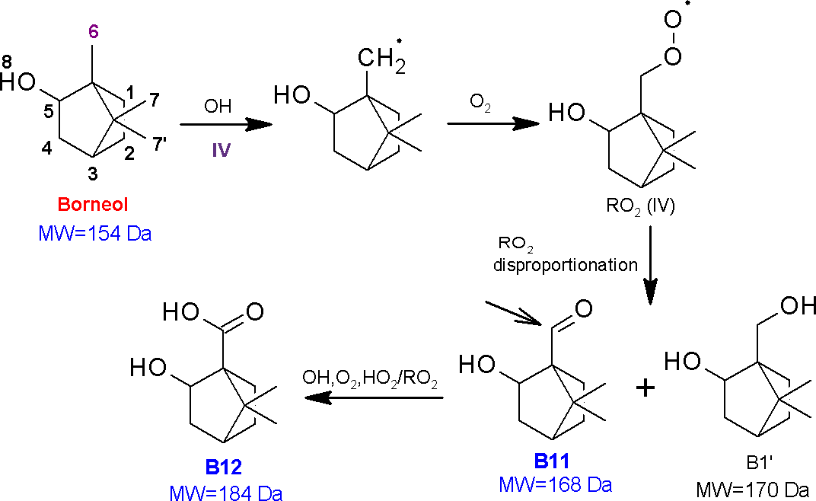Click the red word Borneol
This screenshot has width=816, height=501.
pyautogui.click(x=93, y=204)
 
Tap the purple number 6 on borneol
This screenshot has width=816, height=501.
pyautogui.click(x=93, y=32)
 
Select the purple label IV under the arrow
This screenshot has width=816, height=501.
pyautogui.click(x=222, y=151)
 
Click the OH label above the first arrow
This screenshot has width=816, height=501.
pyautogui.click(x=218, y=107)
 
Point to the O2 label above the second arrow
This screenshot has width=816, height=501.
pyautogui.click(x=480, y=102)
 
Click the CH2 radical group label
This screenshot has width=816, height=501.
pyautogui.click(x=381, y=57)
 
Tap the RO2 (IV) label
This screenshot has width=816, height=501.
pyautogui.click(x=640, y=207)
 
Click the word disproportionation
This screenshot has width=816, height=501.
pyautogui.click(x=566, y=265)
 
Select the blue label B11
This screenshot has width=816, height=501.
pyautogui.click(x=552, y=461)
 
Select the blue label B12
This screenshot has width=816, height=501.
pyautogui.click(x=223, y=467)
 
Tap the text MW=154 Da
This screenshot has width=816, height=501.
pyautogui.click(x=94, y=233)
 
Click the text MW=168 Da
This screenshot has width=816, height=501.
pyautogui.click(x=555, y=485)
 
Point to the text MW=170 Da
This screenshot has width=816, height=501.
pyautogui.click(x=753, y=490)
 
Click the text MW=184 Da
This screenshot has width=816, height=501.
pyautogui.click(x=226, y=493)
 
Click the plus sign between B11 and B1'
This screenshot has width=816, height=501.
pyautogui.click(x=645, y=388)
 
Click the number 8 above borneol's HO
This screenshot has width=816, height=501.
pyautogui.click(x=6, y=62)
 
